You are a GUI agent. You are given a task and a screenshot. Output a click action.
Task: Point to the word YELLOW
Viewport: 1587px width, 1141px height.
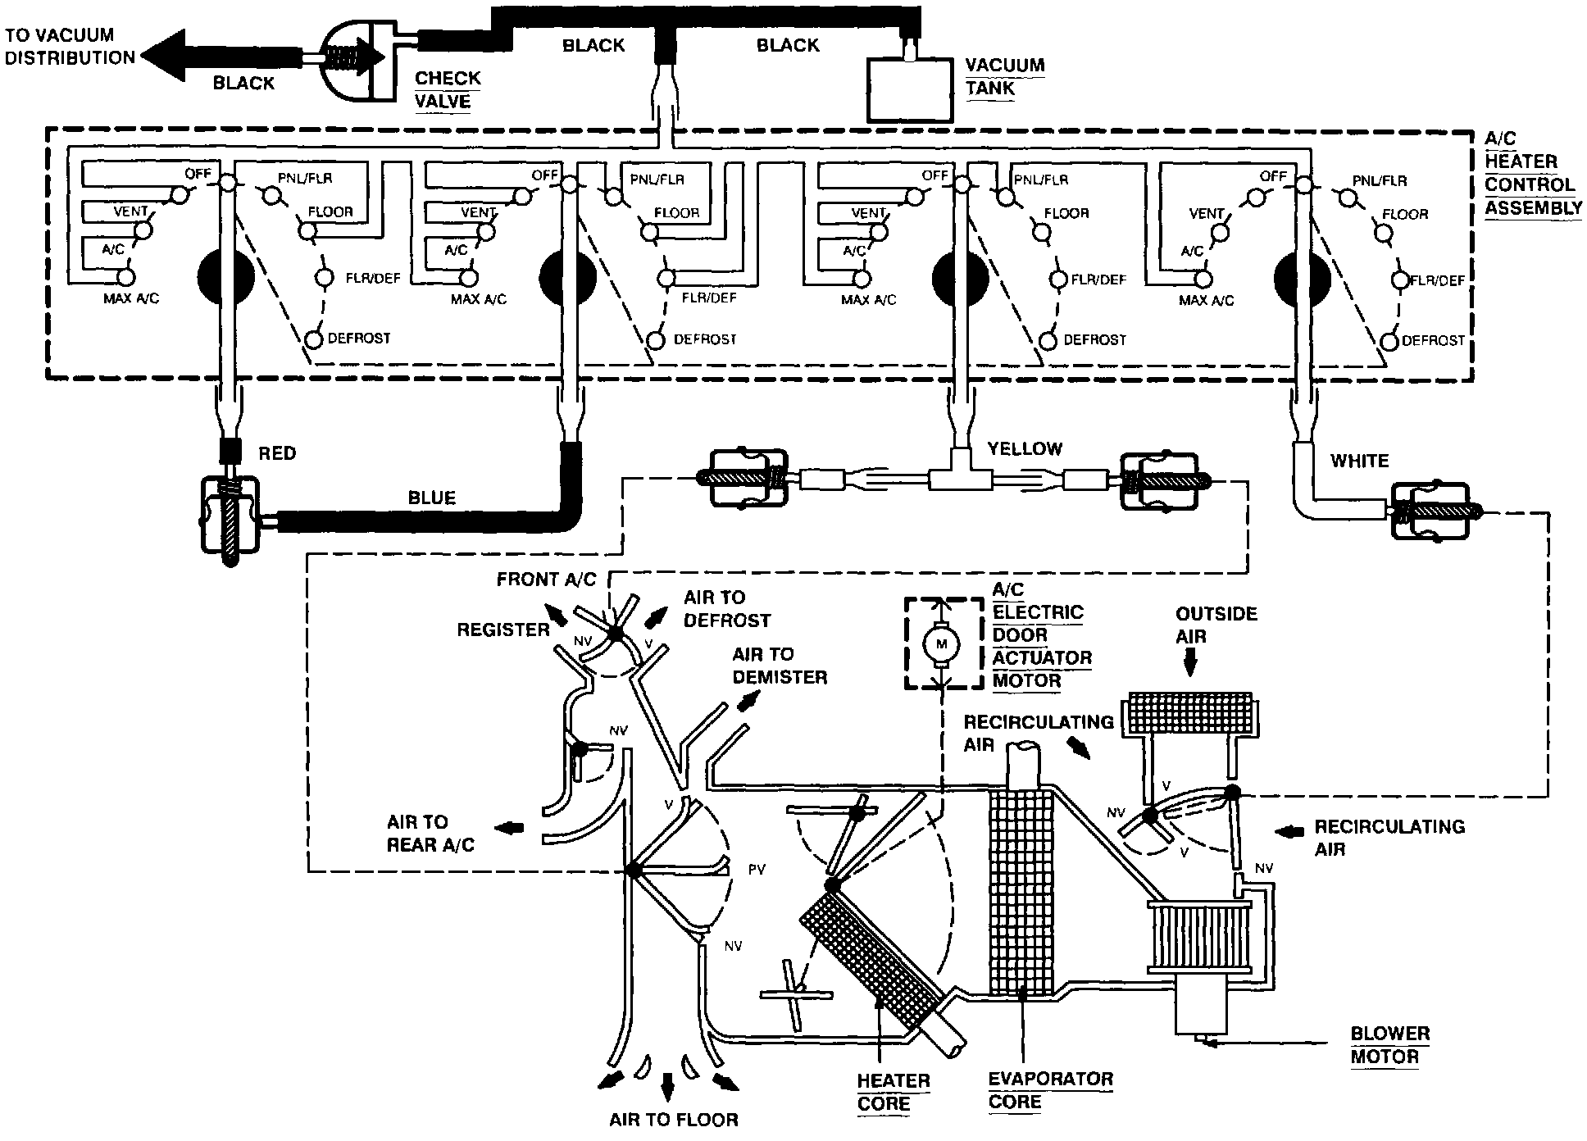[1025, 448]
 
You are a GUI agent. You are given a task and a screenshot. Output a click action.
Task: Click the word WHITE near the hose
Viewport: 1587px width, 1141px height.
[1359, 461]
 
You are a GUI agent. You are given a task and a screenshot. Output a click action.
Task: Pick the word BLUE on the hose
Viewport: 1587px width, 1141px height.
[431, 498]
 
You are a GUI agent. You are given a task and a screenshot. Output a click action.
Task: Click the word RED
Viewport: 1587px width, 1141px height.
[277, 453]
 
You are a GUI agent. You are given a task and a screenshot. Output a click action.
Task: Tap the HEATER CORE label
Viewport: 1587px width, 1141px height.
[882, 1092]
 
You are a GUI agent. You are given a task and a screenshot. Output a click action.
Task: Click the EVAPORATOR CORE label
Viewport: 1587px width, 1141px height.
[1050, 1090]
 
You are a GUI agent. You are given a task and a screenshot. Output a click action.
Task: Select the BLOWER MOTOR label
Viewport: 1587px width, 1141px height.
[1389, 1045]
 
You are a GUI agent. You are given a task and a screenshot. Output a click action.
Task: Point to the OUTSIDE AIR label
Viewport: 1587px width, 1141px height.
[1216, 625]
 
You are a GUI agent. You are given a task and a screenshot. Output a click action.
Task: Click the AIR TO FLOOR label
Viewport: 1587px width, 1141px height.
[674, 1119]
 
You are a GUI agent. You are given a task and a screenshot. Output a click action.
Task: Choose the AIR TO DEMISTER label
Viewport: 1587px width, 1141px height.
[779, 666]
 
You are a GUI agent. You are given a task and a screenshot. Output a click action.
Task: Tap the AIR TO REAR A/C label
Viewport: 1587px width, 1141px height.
[430, 833]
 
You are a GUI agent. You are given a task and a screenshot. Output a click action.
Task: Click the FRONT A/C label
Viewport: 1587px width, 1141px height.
[546, 580]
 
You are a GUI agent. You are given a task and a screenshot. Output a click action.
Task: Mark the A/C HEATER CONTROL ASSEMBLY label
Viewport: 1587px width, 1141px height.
[1531, 174]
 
